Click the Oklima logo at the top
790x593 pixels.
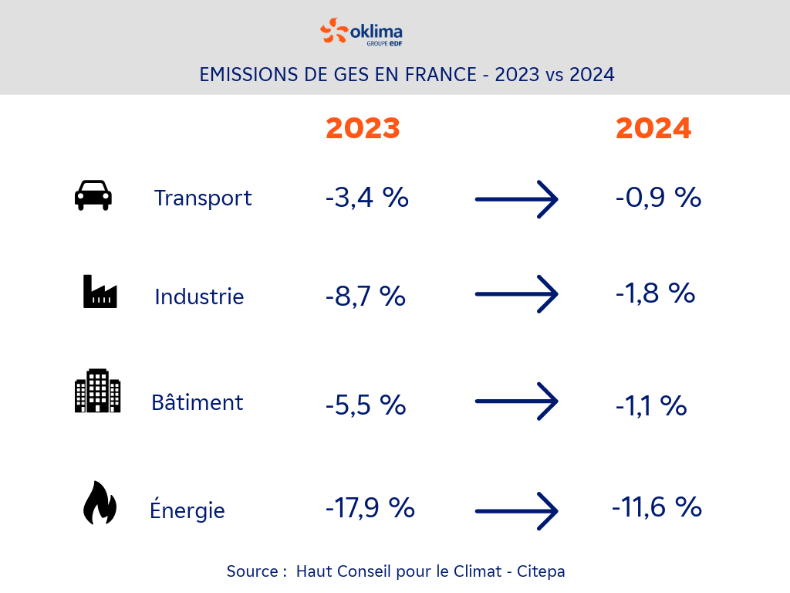pos(361,32)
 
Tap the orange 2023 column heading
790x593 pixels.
pos(363,128)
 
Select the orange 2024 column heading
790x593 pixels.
pos(653,128)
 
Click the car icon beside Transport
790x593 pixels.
pos(93,195)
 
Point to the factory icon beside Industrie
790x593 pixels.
pos(100,292)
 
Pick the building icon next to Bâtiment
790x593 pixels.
pos(98,391)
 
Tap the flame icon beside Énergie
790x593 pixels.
pos(100,503)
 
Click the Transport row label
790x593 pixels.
pos(203,198)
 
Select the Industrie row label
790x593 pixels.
pos(199,296)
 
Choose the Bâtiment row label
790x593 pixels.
pos(197,402)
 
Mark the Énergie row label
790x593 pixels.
pos(187,510)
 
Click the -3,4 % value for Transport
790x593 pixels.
pos(366,198)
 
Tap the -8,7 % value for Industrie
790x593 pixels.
pos(365,296)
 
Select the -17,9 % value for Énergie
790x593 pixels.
pos(370,507)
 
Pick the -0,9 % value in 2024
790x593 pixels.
pos(658,198)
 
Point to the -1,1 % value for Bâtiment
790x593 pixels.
pos(651,405)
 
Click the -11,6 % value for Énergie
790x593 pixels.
pos(657,507)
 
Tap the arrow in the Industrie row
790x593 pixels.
pos(516,294)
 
